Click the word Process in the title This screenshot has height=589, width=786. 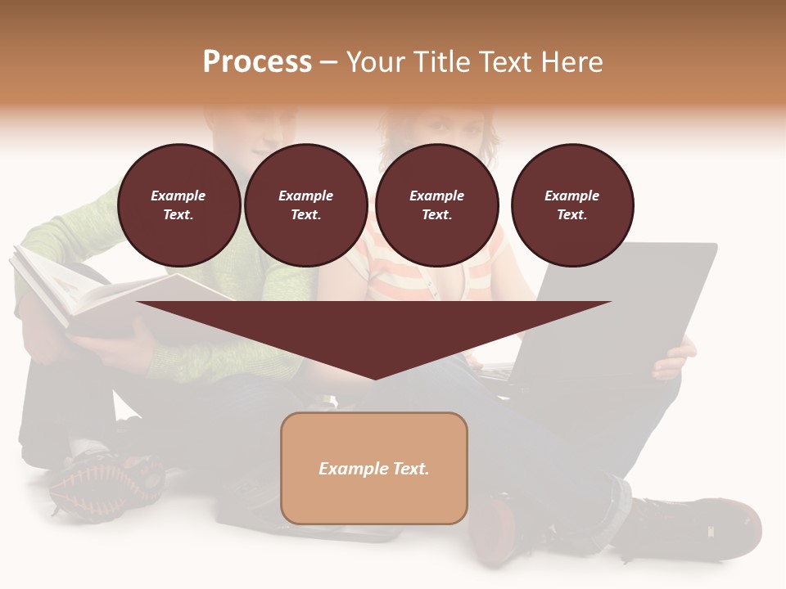coord(257,62)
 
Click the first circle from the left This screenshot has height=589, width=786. coord(178,205)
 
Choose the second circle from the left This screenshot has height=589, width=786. coord(306,205)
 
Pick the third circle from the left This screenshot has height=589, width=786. coord(436,205)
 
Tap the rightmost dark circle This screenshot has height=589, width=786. coord(572,205)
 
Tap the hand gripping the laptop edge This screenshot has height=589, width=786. coord(673,360)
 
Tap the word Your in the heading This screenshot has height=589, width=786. coord(373,62)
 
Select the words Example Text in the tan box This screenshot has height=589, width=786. coord(374,469)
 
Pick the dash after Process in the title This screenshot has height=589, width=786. coord(328,62)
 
